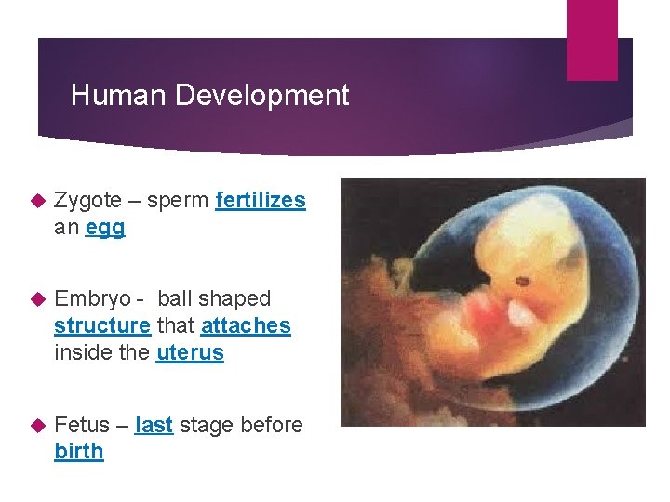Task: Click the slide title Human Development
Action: tap(209, 96)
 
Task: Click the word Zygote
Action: tap(87, 201)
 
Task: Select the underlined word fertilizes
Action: tap(260, 201)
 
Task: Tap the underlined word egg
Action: tap(104, 228)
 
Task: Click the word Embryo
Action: tap(89, 299)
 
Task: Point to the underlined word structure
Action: tap(101, 326)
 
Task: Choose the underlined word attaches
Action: tap(246, 326)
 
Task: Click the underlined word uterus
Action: tap(190, 353)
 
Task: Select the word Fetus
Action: tap(81, 425)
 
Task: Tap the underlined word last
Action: tap(154, 425)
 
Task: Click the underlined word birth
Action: tap(79, 452)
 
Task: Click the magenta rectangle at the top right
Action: tap(592, 39)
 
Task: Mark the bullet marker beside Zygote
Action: tap(38, 201)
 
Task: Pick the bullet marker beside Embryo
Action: tap(38, 299)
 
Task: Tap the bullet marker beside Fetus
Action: tap(38, 425)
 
